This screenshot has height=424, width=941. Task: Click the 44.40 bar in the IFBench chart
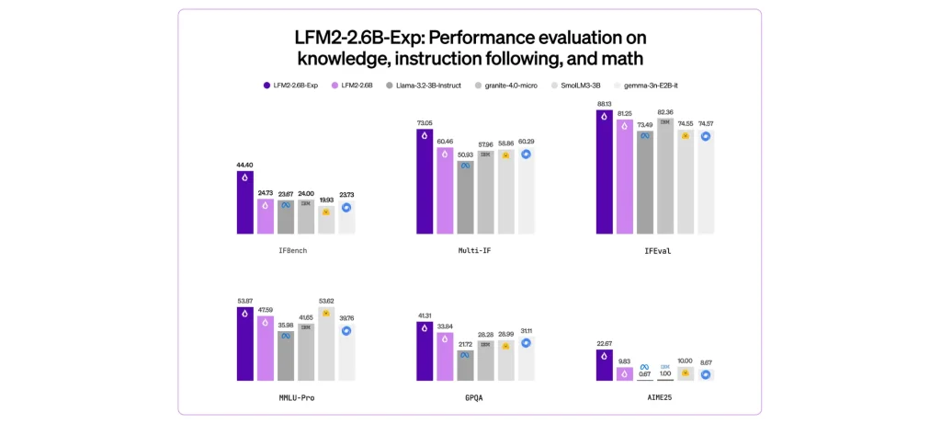click(x=245, y=202)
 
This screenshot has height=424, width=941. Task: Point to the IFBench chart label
click(x=296, y=250)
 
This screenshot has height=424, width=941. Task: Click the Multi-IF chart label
click(x=473, y=250)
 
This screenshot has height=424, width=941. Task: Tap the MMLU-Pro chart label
click(x=295, y=398)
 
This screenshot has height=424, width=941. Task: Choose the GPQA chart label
click(x=473, y=398)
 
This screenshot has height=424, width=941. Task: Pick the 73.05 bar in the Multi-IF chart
click(x=425, y=181)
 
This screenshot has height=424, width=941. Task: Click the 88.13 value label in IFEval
click(x=605, y=104)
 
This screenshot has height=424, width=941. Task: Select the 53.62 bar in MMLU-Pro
click(x=326, y=344)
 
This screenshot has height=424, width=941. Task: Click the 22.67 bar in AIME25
click(x=605, y=365)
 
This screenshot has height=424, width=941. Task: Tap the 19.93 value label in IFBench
click(x=325, y=200)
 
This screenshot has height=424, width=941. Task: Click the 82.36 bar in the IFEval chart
click(x=665, y=176)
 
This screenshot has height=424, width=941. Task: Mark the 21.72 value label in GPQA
click(x=465, y=344)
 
